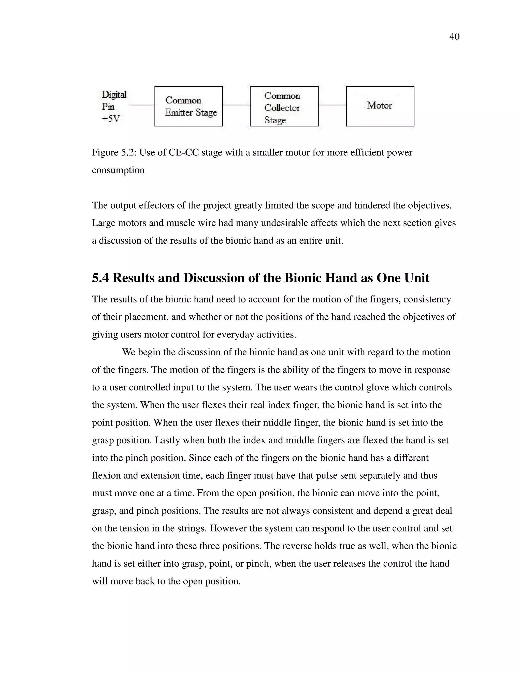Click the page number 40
[454, 37]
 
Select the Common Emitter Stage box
[188, 106]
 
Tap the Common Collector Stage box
[284, 106]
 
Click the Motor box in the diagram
[380, 106]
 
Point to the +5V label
[111, 119]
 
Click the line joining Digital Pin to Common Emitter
[142, 105]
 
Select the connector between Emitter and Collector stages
[236, 105]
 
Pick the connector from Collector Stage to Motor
[332, 105]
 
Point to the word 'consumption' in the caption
[118, 170]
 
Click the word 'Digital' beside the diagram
[114, 94]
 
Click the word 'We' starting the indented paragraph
[129, 352]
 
